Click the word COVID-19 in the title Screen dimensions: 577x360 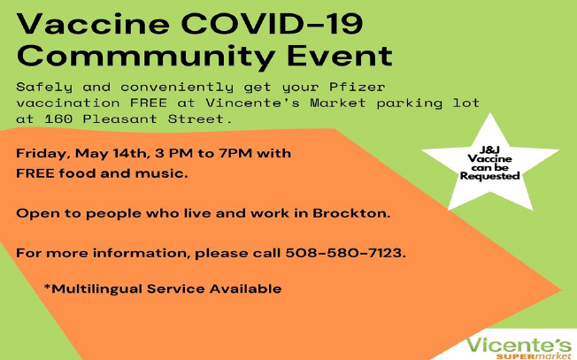tap(272, 24)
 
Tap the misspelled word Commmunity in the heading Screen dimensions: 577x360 tap(146, 57)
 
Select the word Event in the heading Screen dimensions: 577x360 tap(340, 56)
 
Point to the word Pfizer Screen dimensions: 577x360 tap(357, 88)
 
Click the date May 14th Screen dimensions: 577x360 tap(112, 153)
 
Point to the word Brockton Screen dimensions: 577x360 tap(351, 213)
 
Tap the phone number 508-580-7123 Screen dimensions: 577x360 tap(345, 253)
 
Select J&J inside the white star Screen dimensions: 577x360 tap(489, 149)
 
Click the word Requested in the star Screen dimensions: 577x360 tap(489, 176)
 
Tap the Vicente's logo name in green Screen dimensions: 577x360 tap(519, 346)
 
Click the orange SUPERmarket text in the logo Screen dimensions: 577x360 tap(534, 356)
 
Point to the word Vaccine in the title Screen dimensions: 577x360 tap(93, 24)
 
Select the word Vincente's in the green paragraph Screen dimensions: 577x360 tap(252, 103)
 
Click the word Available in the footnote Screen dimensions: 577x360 tap(245, 288)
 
